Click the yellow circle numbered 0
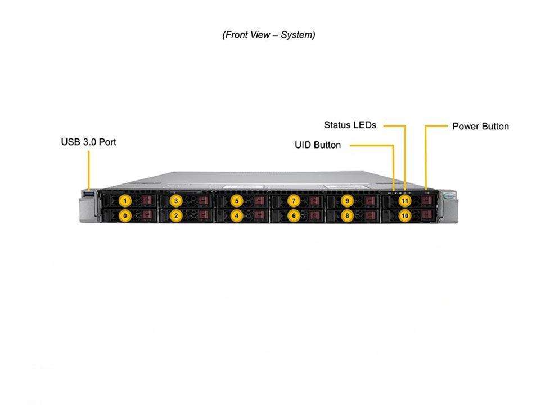[x=125, y=215]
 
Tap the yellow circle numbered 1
[x=125, y=200]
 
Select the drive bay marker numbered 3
[x=176, y=200]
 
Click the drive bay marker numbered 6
[x=292, y=215]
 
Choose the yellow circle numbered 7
[x=292, y=200]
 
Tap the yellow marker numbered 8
[x=348, y=215]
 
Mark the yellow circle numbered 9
[x=348, y=200]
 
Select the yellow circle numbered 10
[x=404, y=215]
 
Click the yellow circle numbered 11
[x=404, y=200]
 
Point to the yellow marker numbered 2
[x=176, y=215]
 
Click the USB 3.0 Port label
[x=88, y=142]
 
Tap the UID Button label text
[x=318, y=145]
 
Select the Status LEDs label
[x=350, y=125]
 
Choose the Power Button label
[x=480, y=127]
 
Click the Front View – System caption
[x=269, y=35]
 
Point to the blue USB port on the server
[x=89, y=195]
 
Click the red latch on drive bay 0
[x=147, y=215]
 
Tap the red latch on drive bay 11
[x=426, y=200]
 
